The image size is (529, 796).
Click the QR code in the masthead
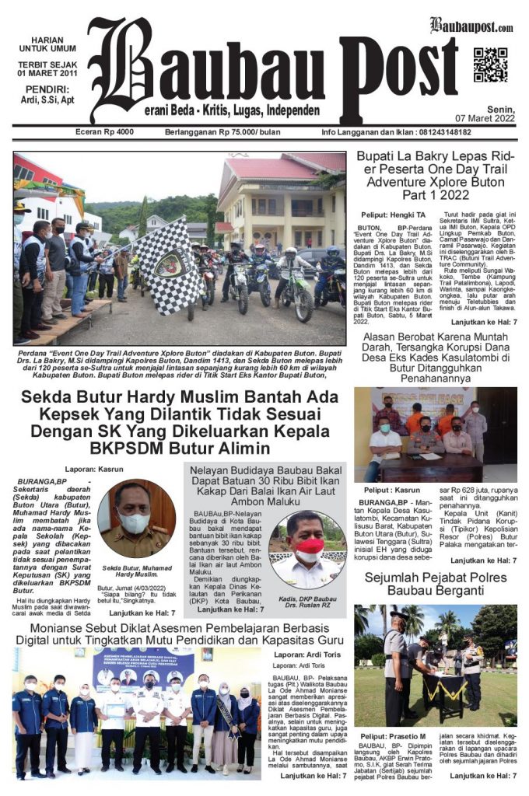(490, 65)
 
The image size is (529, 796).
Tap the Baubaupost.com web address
(471, 26)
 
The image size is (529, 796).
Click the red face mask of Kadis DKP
(310, 548)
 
